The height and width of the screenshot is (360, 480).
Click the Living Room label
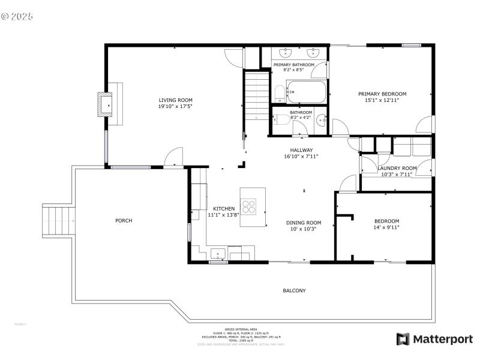(175, 100)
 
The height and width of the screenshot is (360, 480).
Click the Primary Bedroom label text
(382, 94)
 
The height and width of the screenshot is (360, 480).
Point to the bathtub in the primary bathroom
(306, 93)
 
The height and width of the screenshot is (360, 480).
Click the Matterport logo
(434, 339)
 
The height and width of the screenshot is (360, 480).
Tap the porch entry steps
(59, 222)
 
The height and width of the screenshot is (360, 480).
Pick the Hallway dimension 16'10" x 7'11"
(301, 157)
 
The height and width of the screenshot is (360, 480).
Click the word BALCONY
(294, 291)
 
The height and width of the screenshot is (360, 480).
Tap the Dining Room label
(303, 223)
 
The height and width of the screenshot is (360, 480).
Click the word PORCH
(124, 221)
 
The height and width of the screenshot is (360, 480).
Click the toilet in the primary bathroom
(279, 93)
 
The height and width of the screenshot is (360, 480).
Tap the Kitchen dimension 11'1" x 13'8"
(223, 214)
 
